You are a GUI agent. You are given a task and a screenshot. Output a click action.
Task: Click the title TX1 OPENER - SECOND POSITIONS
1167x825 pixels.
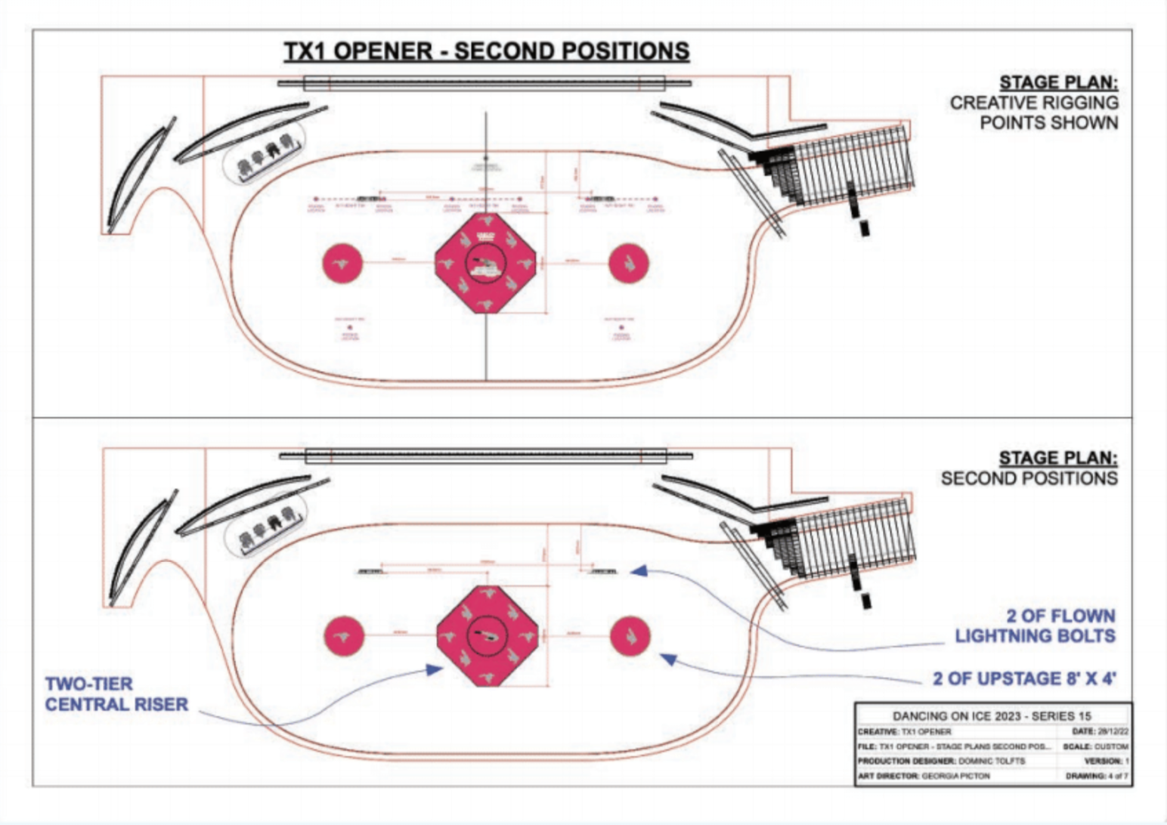tap(486, 51)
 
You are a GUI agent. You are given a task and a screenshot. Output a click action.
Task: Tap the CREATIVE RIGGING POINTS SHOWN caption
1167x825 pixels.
tap(1034, 113)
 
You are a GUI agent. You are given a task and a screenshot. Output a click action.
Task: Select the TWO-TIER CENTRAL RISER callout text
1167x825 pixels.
tap(116, 694)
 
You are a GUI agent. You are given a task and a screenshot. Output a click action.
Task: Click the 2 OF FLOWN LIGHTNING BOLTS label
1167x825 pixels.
tap(1035, 626)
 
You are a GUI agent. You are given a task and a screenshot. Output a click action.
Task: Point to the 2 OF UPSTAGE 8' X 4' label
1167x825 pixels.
tap(1024, 678)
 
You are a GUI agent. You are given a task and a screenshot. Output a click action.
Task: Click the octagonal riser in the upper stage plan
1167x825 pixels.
tap(486, 262)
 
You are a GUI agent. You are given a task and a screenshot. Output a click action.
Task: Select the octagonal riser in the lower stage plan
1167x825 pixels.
tap(488, 635)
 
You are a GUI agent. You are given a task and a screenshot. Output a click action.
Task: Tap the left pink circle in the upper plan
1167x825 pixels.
tap(342, 263)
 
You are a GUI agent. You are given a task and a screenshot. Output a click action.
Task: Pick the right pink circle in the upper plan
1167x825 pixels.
tap(629, 263)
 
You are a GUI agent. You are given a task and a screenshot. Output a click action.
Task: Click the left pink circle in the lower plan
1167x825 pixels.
tap(344, 635)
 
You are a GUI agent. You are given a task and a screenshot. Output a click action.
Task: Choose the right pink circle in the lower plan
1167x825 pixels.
tap(630, 635)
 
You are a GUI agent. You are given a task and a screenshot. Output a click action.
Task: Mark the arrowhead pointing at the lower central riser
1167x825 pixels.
tap(435, 669)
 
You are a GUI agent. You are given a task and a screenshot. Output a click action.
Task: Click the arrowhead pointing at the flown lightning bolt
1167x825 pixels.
tap(639, 571)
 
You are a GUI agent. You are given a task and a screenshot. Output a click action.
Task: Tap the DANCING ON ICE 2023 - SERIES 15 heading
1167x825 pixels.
tap(992, 715)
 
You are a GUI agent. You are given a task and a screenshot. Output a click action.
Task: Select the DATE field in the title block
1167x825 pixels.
tap(1100, 731)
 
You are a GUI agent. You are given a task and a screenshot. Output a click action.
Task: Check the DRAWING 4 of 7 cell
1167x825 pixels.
tap(1097, 776)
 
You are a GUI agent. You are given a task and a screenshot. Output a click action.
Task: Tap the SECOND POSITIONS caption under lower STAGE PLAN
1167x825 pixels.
tap(1029, 478)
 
